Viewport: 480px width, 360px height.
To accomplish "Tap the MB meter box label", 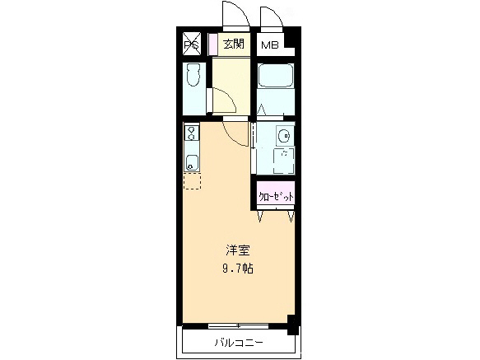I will click(270, 45).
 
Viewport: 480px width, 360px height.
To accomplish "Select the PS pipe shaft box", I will click(191, 44).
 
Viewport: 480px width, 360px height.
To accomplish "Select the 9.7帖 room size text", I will click(238, 269).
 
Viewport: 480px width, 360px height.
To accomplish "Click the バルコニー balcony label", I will click(238, 341).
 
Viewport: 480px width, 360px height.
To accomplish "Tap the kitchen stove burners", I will click(190, 132).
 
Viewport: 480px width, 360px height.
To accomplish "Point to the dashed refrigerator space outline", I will click(191, 181).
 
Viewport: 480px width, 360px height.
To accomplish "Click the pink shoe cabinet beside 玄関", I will click(212, 44).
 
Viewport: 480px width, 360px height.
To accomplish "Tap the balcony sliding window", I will click(239, 326).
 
